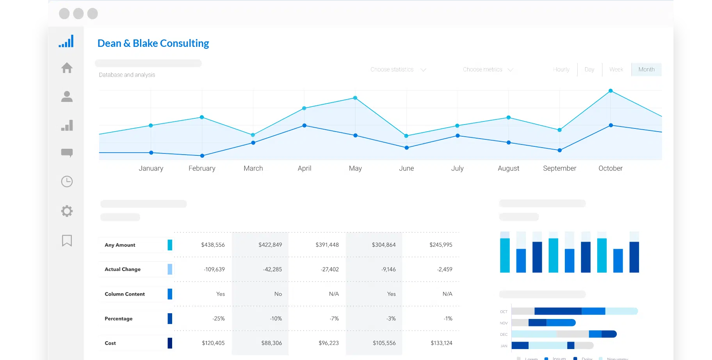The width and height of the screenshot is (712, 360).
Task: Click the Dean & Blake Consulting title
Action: [x=153, y=43]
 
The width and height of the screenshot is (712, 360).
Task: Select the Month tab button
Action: [x=646, y=70]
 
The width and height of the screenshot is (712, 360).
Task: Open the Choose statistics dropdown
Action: [x=398, y=70]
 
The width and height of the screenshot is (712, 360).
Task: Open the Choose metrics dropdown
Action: [x=488, y=70]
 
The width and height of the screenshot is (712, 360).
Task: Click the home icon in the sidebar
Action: [x=67, y=68]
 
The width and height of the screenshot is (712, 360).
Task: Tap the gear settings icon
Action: [x=67, y=211]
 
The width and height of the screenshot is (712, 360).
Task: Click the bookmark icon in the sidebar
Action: [x=67, y=241]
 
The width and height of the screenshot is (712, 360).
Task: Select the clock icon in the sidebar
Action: [x=67, y=182]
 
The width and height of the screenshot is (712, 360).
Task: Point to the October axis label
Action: [x=610, y=168]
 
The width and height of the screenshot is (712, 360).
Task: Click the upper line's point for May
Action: [x=355, y=98]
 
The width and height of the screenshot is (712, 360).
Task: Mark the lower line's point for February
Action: [x=202, y=156]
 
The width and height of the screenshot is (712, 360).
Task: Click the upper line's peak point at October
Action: [x=611, y=91]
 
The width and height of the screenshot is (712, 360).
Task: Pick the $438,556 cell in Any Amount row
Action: [x=213, y=245]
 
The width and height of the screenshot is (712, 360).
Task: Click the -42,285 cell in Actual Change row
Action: [x=272, y=269]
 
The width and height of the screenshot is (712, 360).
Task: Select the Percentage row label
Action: [x=119, y=319]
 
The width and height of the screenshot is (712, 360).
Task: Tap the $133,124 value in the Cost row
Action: [x=441, y=343]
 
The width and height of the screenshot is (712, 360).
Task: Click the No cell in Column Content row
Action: [x=278, y=294]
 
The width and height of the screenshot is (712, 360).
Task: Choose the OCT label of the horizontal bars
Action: [x=504, y=312]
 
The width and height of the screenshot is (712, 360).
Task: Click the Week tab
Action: [x=616, y=70]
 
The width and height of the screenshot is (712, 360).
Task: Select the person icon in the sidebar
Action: [x=67, y=96]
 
